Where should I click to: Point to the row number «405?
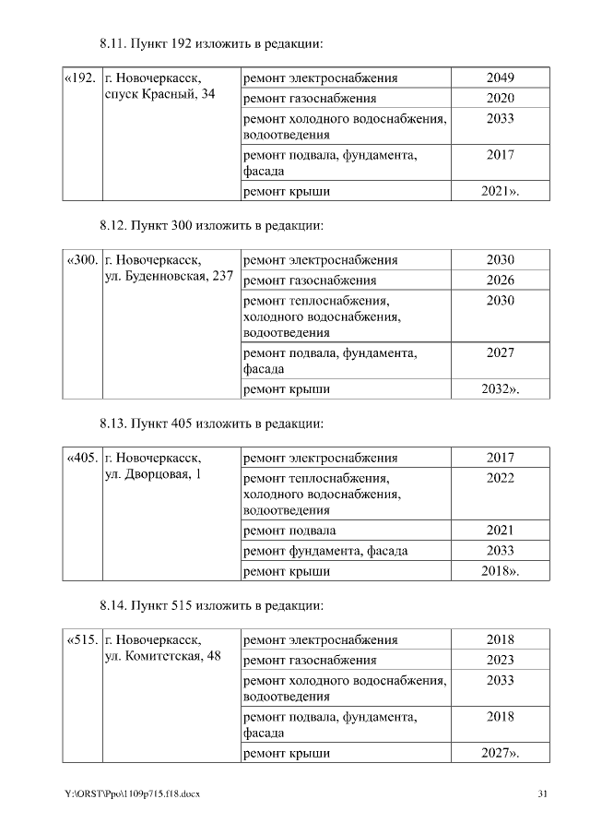click(x=81, y=458)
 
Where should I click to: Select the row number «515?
click(x=81, y=639)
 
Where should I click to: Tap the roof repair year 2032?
click(x=500, y=389)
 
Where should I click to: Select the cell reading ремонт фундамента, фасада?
click(x=324, y=551)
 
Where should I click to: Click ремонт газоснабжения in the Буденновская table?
click(x=309, y=280)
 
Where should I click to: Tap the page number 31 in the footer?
click(x=543, y=794)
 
